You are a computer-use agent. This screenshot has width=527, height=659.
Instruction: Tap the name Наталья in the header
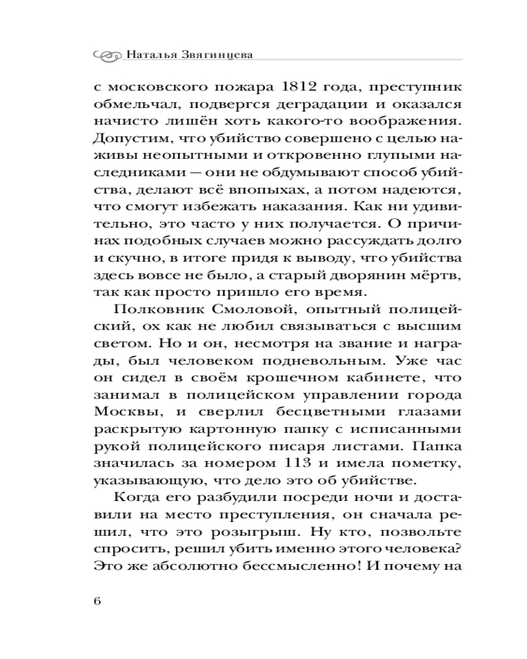(x=150, y=55)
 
